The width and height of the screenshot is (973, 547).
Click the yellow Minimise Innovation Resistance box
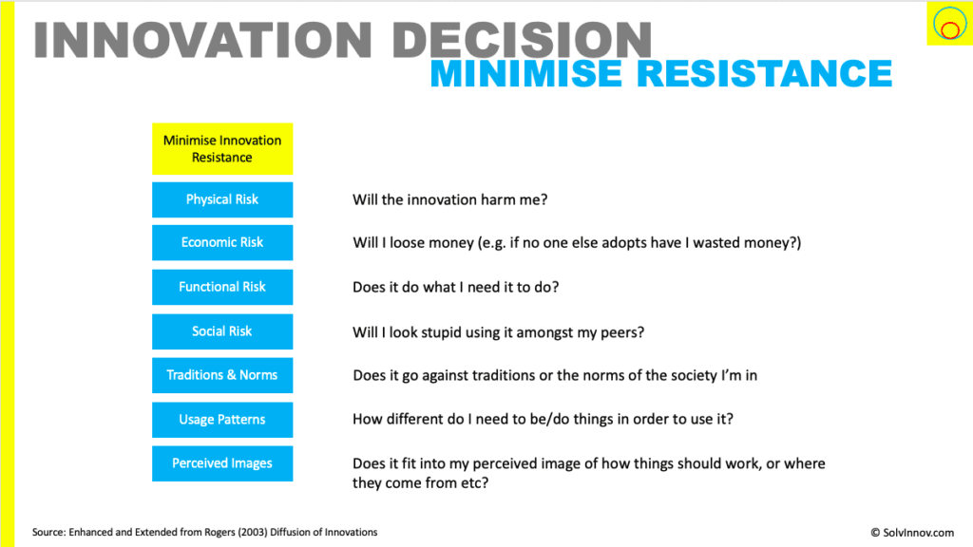[x=222, y=149]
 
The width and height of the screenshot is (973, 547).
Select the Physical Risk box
[x=222, y=199]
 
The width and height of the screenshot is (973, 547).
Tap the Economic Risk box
[x=222, y=242]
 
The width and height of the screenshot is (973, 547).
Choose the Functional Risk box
[x=222, y=287]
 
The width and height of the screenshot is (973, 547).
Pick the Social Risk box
[x=222, y=331]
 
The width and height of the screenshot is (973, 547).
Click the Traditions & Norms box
[x=222, y=375]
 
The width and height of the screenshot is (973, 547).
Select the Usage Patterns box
[x=222, y=420]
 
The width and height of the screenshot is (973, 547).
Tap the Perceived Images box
[x=222, y=463]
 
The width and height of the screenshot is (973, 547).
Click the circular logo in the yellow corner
[x=949, y=24]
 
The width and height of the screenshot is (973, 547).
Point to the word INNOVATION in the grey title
[x=203, y=40]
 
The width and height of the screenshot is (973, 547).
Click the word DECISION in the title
[x=522, y=40]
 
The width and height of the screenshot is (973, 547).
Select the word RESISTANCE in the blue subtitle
[x=765, y=73]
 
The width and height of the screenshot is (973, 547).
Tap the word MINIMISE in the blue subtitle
[x=526, y=73]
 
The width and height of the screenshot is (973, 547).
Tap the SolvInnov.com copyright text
[x=912, y=533]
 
